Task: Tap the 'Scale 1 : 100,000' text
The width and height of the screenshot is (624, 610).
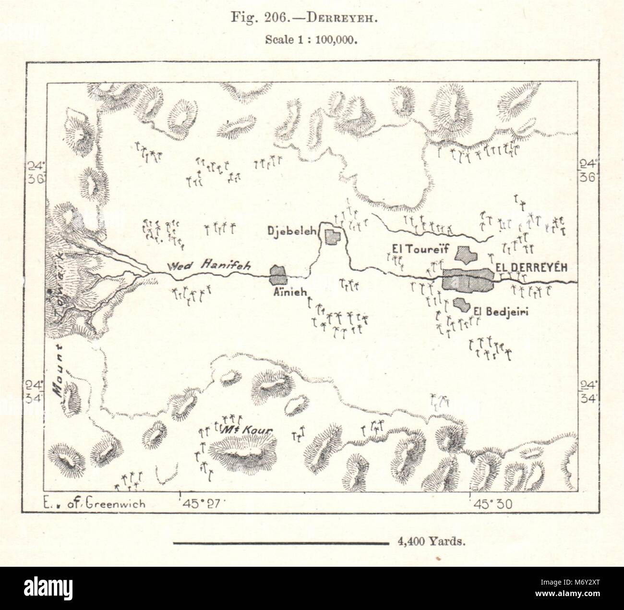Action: point(312,40)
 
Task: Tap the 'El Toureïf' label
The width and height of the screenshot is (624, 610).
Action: point(414,249)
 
